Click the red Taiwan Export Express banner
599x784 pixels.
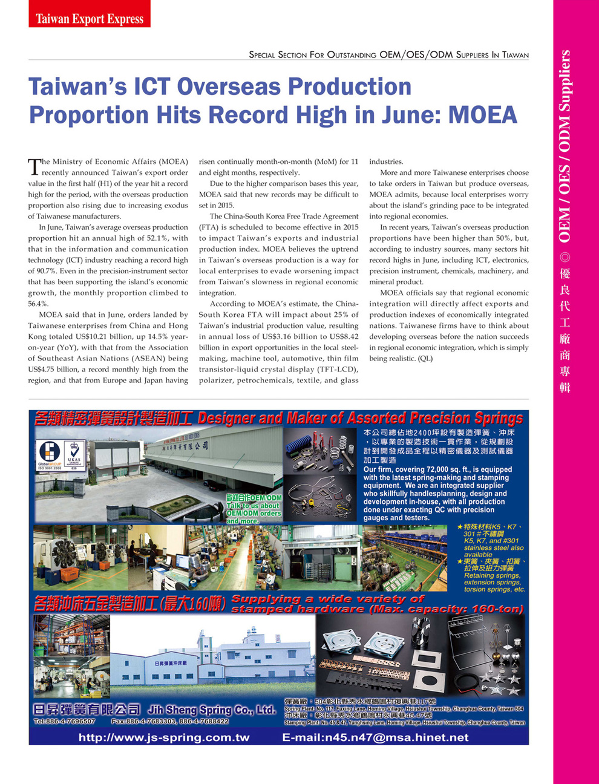point(89,18)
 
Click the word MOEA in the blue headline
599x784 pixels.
point(483,115)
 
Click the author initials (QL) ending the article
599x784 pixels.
point(425,359)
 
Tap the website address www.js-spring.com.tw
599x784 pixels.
point(164,737)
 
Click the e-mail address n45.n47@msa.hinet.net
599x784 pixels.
point(375,737)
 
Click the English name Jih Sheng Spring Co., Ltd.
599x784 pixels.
point(212,710)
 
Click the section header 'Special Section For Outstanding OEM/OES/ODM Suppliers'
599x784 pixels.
point(388,55)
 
